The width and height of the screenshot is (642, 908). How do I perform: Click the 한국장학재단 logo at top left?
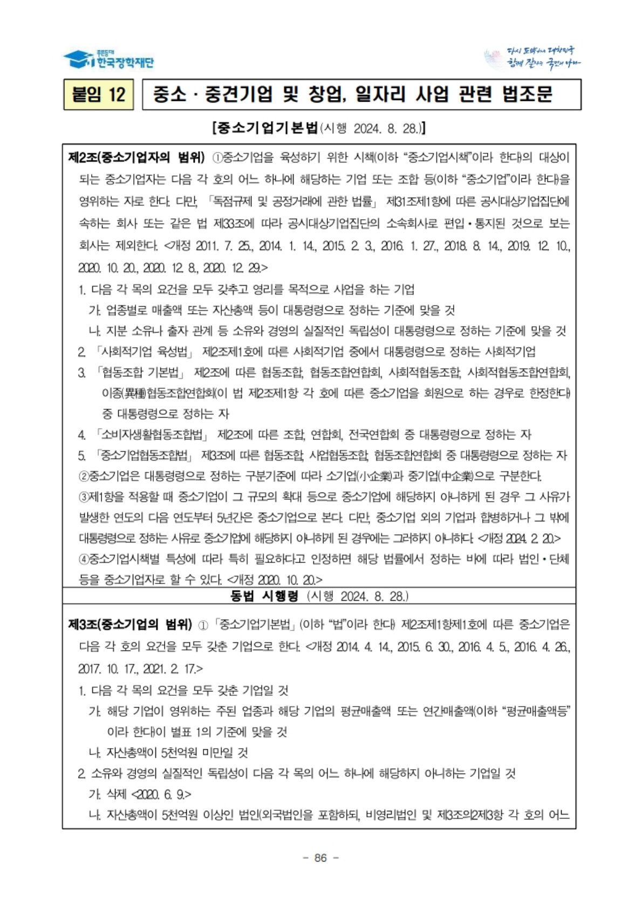tap(108, 59)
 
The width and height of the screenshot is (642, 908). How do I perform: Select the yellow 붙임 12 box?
tap(98, 94)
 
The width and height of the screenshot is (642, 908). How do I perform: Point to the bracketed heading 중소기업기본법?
tap(266, 128)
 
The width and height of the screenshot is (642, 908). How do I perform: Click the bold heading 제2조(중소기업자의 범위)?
tap(136, 158)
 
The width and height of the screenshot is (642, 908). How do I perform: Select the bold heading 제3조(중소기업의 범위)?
tap(130, 625)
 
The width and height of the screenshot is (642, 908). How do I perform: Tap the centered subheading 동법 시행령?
tap(264, 596)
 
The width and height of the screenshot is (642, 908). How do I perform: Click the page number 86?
tap(320, 858)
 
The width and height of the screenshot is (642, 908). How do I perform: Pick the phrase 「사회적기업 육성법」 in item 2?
tap(145, 352)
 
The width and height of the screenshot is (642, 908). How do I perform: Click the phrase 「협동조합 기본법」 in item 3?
tap(141, 372)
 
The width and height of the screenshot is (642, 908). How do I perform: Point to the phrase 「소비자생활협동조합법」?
tap(152, 435)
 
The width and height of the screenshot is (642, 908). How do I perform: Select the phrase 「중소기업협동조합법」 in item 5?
tap(144, 455)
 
